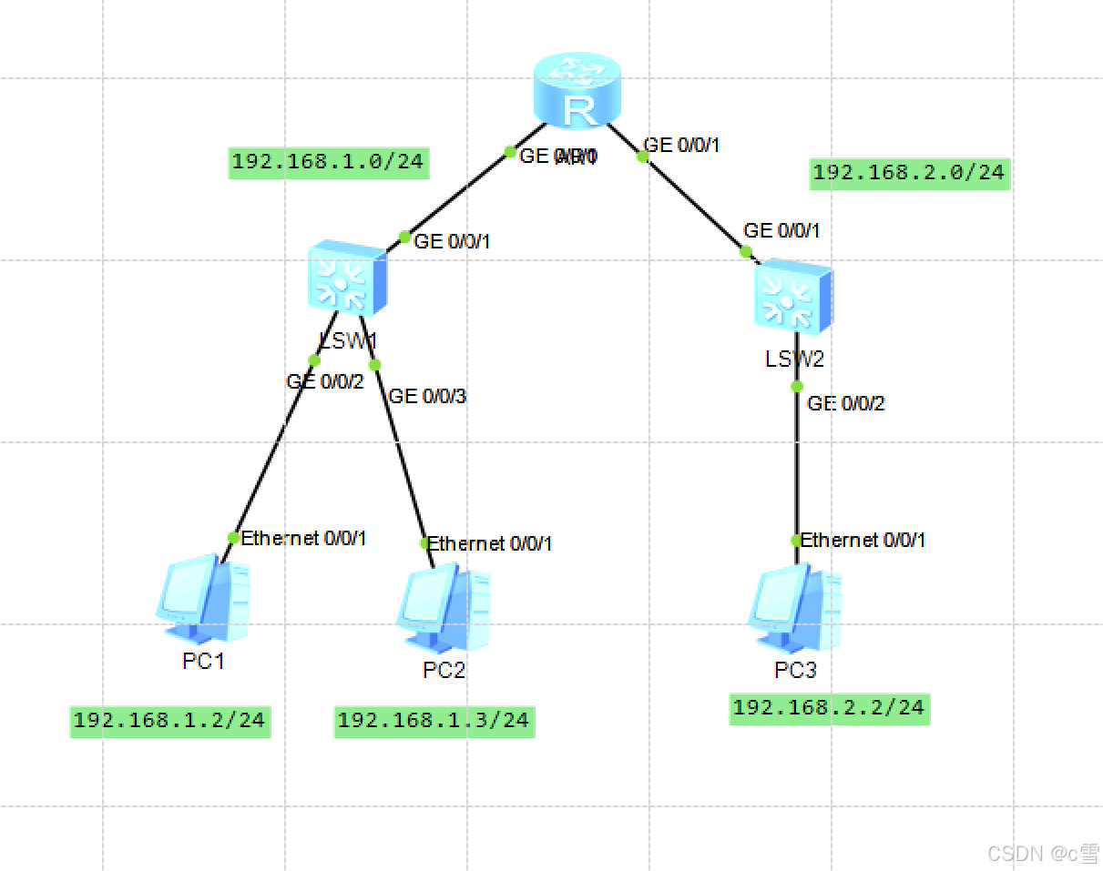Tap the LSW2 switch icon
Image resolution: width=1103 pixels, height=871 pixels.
tap(792, 292)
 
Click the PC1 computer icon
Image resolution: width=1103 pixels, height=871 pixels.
tap(205, 601)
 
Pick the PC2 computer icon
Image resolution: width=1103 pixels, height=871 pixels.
tap(444, 608)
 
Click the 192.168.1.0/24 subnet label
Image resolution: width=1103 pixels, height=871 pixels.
tap(328, 163)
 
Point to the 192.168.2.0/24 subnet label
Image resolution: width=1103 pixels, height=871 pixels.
tap(909, 173)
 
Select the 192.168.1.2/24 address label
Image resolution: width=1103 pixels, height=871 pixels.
tap(169, 721)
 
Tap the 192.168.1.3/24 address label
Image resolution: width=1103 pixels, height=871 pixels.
tap(434, 721)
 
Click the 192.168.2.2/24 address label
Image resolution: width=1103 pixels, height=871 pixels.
tap(829, 708)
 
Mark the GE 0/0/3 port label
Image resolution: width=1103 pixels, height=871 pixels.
tap(427, 396)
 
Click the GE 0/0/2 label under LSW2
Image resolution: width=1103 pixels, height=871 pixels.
tap(846, 404)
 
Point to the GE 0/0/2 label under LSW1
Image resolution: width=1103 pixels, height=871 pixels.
tap(325, 381)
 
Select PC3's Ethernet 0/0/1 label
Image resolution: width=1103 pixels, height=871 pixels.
tap(863, 541)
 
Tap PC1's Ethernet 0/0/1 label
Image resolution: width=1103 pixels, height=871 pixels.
tap(303, 538)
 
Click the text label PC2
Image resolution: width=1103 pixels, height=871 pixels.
tap(444, 671)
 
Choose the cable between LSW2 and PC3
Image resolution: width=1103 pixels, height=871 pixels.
tap(797, 464)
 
